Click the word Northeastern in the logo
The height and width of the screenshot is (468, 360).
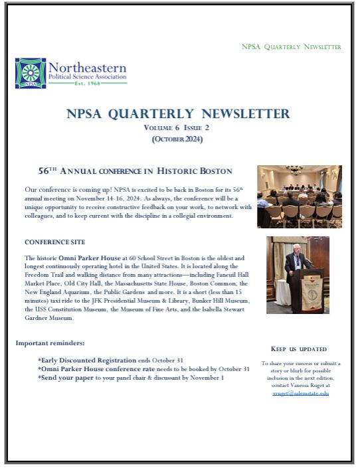tap(86, 68)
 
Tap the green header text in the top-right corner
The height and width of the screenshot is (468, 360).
tap(291, 47)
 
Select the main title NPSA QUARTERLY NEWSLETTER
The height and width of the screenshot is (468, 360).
tap(178, 114)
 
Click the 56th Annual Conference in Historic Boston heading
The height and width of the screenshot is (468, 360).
tap(135, 171)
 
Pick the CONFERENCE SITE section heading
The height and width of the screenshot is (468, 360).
tap(54, 242)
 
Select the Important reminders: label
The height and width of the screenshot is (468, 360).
tap(50, 343)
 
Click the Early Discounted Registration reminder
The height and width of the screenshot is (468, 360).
tap(88, 360)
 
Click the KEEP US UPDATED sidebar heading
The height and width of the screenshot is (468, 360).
tap(299, 349)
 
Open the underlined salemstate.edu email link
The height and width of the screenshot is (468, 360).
tap(301, 393)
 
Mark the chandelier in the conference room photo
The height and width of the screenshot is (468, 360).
tap(294, 171)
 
